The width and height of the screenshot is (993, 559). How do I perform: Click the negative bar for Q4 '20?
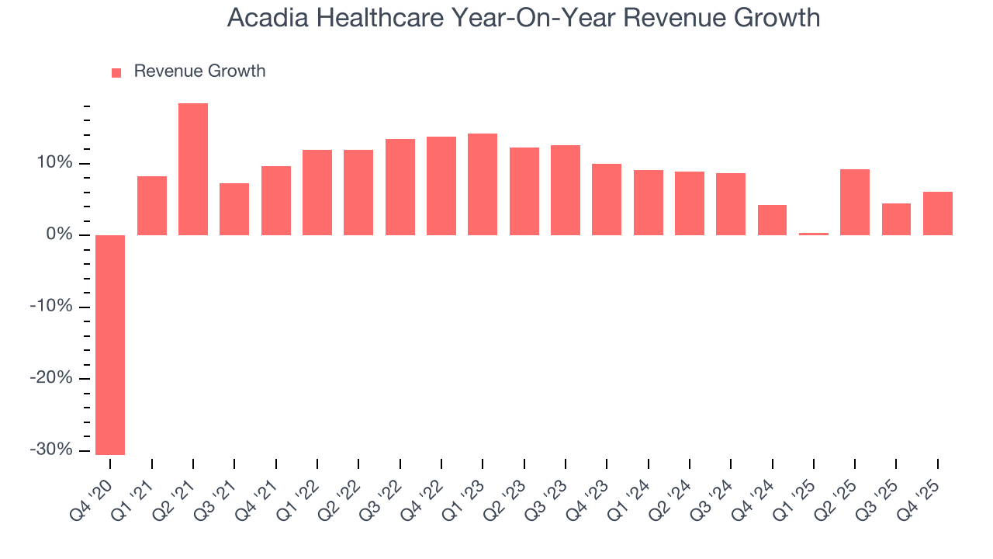click(x=110, y=345)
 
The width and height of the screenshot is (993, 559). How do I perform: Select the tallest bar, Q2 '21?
click(x=193, y=169)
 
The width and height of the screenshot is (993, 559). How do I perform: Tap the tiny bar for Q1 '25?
click(x=814, y=234)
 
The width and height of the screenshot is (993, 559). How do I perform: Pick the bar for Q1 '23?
click(x=483, y=185)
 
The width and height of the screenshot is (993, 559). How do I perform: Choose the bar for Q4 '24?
click(x=772, y=220)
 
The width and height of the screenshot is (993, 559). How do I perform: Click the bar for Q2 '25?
click(x=855, y=202)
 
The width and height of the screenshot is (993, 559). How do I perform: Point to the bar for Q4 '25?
click(x=938, y=214)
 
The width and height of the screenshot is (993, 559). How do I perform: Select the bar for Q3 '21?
click(x=234, y=209)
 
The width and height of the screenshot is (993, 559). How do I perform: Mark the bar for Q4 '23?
click(x=607, y=200)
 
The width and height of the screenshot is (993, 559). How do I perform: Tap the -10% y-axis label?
click(x=51, y=307)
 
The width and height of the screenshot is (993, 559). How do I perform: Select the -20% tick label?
click(x=51, y=378)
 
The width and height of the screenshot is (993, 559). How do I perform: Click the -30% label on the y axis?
click(x=51, y=450)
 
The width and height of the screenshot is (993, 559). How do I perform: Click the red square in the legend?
click(x=116, y=73)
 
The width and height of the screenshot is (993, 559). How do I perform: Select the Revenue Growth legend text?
click(x=199, y=71)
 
